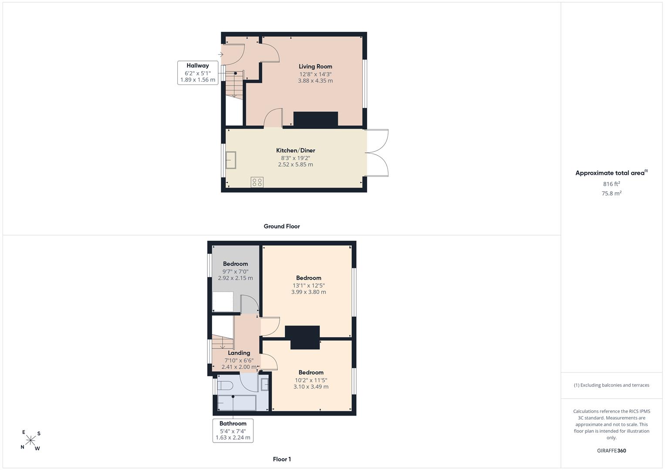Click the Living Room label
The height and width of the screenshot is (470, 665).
coord(315,67)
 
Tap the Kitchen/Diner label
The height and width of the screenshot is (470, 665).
coord(295,151)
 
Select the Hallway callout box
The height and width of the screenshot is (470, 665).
coord(198,73)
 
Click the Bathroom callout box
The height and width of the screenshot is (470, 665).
coord(233,430)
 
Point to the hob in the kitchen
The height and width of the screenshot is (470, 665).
coord(257,182)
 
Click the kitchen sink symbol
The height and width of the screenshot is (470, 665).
coord(231,160)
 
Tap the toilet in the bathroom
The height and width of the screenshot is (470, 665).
coord(225,386)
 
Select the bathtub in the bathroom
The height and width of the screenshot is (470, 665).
coord(236,403)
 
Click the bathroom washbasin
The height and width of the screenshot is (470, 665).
coord(264,385)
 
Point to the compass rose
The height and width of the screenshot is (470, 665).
coord(30,440)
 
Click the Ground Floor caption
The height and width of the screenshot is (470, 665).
coord(282,226)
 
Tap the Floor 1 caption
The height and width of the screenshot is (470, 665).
coord(282,459)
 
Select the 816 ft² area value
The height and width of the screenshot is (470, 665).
coord(611,184)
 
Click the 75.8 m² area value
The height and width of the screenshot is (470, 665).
coord(611,194)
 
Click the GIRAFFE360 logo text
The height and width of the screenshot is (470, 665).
coord(611,450)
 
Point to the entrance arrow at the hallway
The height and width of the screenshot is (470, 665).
coord(221,54)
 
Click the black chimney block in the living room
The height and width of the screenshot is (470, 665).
coord(316,120)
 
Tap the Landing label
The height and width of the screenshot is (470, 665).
coord(239,353)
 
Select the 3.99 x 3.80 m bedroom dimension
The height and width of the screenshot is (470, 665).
coord(308,292)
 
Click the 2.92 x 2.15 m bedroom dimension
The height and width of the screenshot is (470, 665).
coord(236,278)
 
